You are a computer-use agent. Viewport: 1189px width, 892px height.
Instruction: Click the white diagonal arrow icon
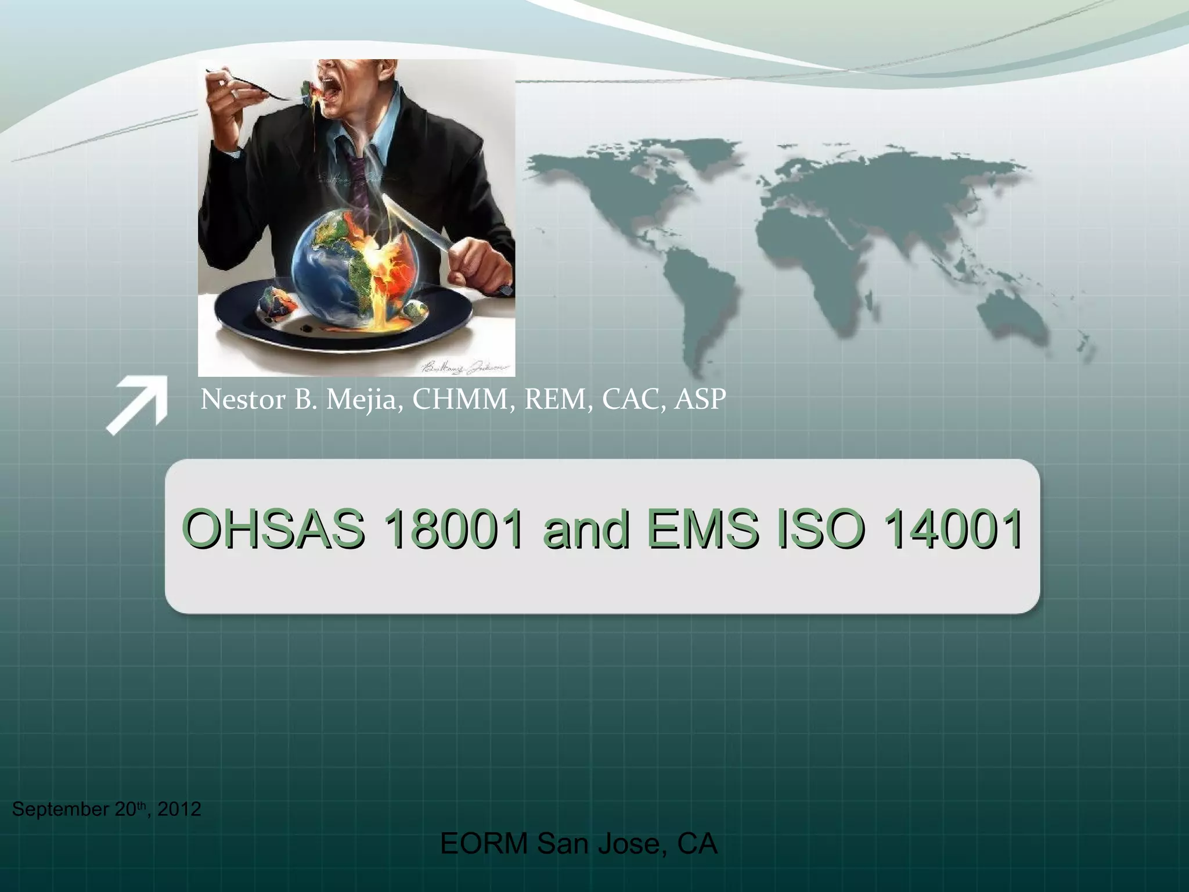138,405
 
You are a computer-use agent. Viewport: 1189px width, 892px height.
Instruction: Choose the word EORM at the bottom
484,844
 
